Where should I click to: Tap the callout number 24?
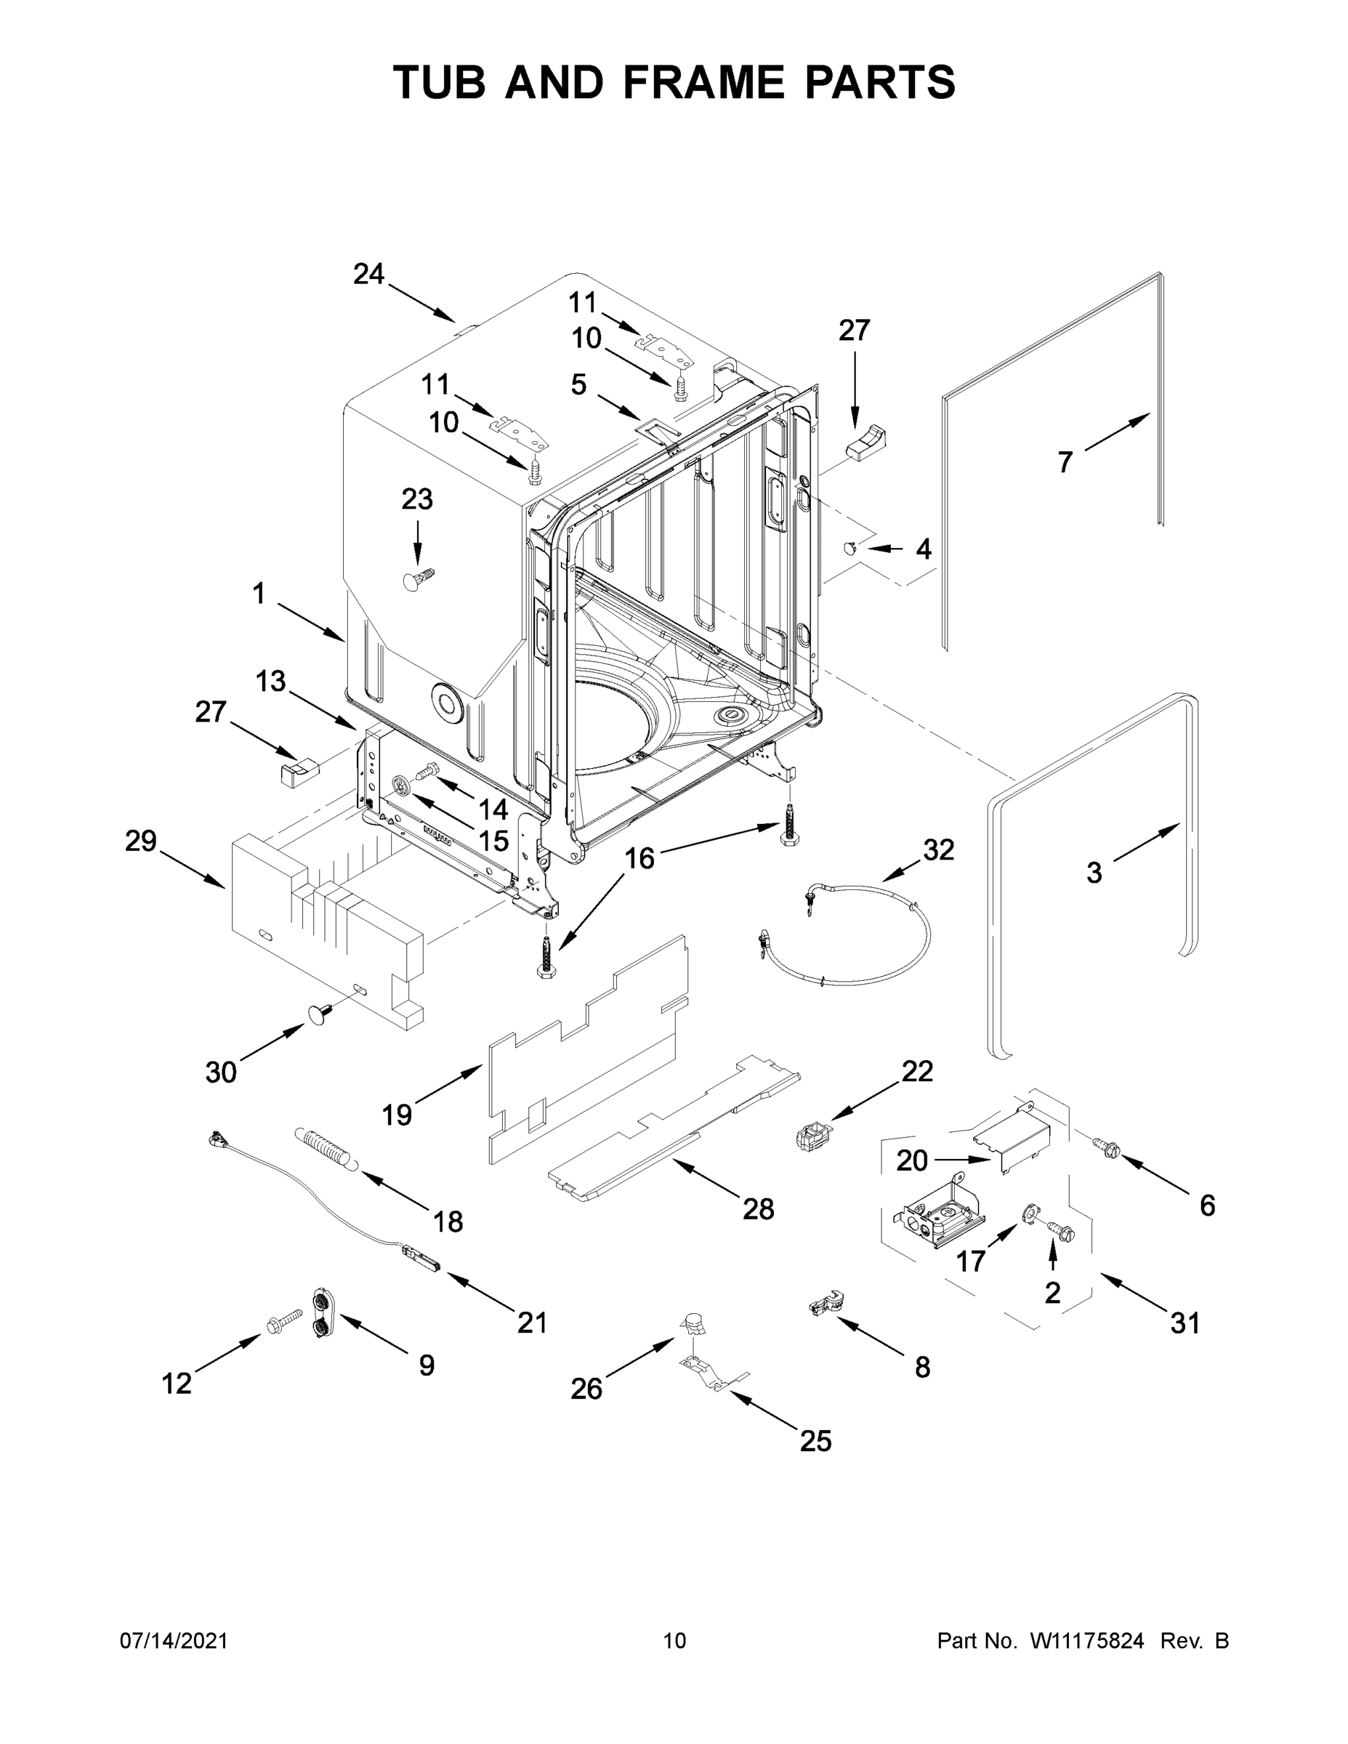tap(369, 275)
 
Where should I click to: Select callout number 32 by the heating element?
tap(938, 850)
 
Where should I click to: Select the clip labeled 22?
tap(812, 1135)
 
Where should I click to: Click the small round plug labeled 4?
tap(851, 547)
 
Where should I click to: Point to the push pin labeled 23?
tap(419, 578)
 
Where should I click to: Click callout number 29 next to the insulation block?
tap(140, 841)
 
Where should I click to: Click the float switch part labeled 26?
tap(692, 1325)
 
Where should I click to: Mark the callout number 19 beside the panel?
tap(397, 1114)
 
